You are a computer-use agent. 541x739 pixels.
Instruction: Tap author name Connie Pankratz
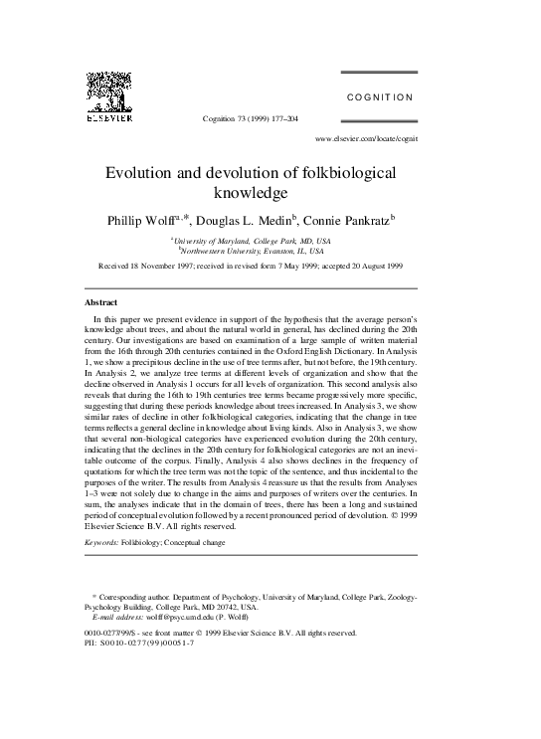[344, 219]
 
